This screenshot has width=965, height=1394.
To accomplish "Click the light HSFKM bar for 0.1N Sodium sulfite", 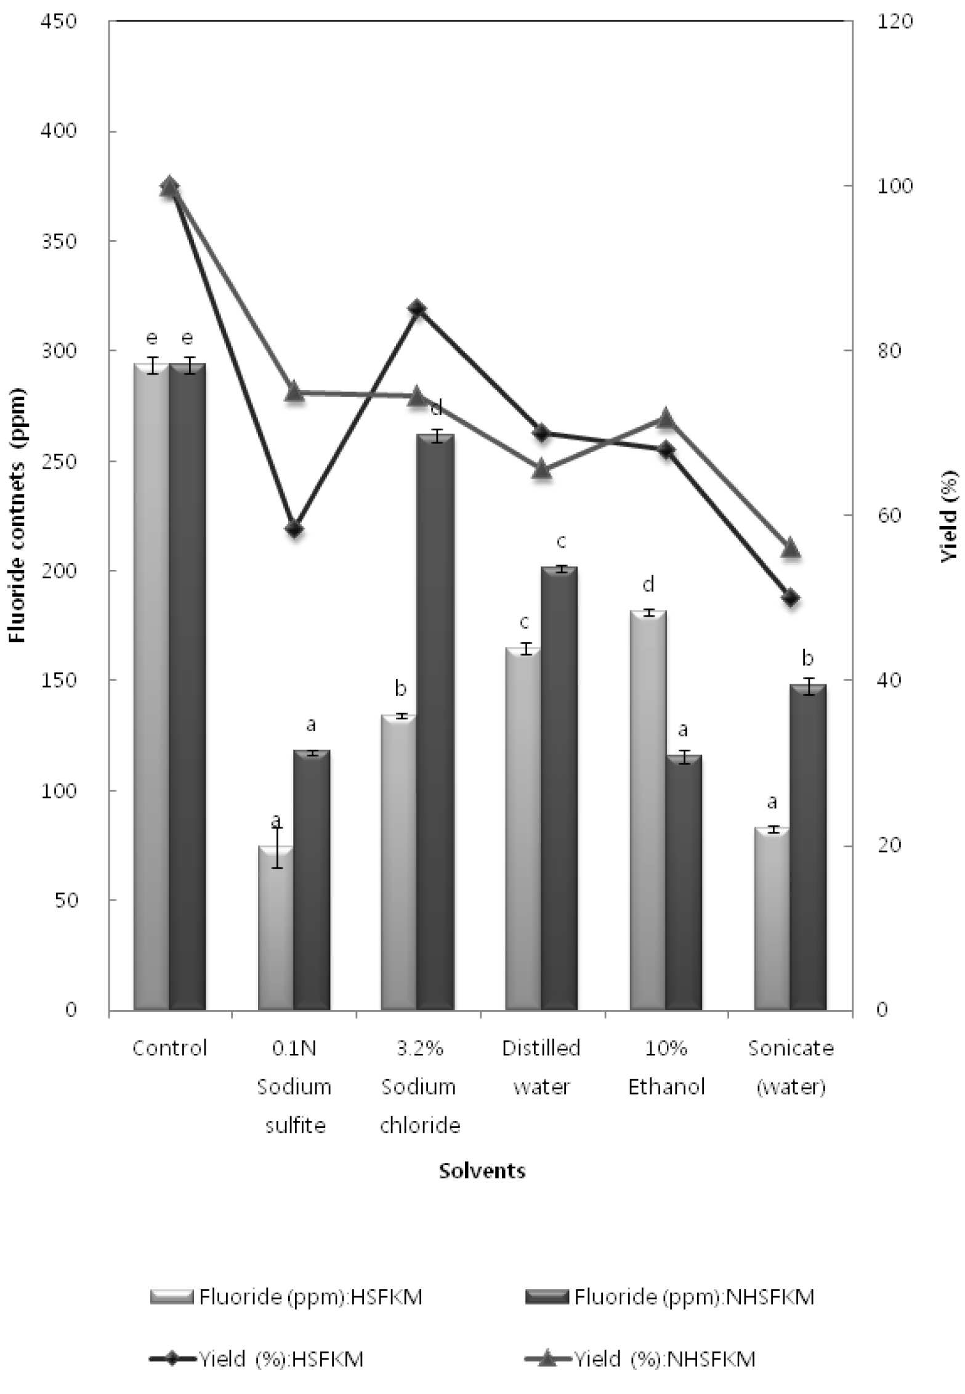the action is click(275, 928).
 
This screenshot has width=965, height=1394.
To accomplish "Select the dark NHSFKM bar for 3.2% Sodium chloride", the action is click(435, 723).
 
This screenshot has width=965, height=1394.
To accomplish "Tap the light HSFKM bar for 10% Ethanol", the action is click(648, 811).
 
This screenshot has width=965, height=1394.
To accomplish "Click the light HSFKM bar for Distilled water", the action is click(523, 829).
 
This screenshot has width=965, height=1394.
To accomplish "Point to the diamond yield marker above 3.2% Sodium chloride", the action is click(417, 308).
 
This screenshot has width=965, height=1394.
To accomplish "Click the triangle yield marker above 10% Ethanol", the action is click(666, 417).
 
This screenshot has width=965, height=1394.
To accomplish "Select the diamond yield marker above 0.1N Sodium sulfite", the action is click(293, 529).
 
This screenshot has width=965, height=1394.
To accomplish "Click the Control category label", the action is click(169, 1048).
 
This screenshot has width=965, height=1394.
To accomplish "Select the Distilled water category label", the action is click(541, 1068).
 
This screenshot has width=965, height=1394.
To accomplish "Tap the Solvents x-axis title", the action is click(482, 1170).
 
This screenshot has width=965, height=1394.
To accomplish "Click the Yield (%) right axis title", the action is click(949, 516).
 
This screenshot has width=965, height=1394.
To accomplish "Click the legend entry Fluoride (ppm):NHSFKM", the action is click(669, 1297).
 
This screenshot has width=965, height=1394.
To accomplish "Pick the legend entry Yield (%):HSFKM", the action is click(256, 1359).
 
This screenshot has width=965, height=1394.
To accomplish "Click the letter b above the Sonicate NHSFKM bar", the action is click(807, 659).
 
